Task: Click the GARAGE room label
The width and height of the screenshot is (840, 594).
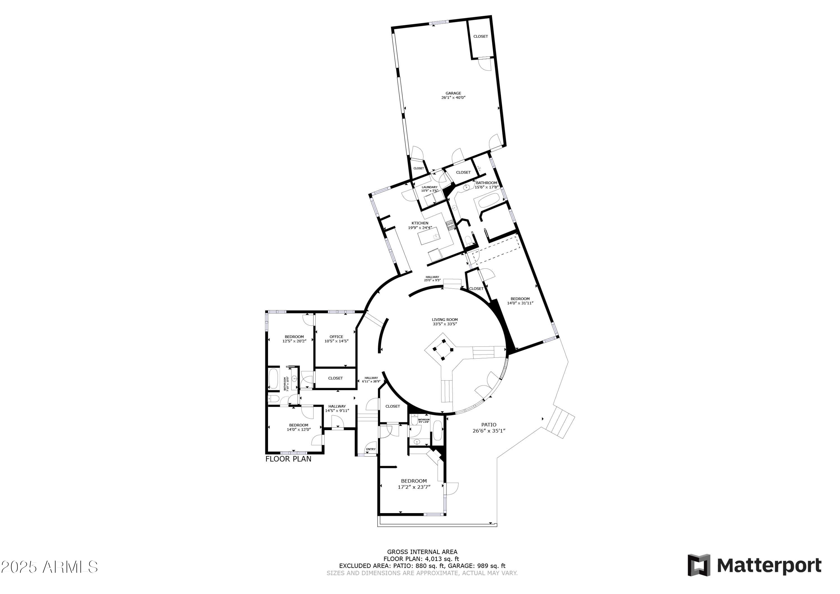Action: (x=453, y=93)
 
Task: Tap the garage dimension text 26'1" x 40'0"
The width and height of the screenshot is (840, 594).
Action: (x=453, y=98)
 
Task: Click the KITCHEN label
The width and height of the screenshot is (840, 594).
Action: (x=420, y=223)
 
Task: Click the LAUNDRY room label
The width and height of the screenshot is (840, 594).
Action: (x=429, y=187)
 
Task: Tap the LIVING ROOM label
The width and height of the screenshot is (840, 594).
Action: (x=445, y=320)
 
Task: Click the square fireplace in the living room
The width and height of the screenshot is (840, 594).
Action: (x=443, y=350)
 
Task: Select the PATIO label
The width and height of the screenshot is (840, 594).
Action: (x=488, y=425)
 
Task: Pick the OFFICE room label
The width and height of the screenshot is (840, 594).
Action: (x=336, y=337)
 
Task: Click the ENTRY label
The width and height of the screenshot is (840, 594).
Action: (x=371, y=449)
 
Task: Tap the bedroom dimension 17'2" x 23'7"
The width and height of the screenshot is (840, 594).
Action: (x=414, y=487)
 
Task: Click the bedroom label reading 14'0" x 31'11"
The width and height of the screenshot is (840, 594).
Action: (x=520, y=303)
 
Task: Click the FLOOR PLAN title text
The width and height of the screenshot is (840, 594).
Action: (x=288, y=459)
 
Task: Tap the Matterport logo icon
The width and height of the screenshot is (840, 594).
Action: (x=699, y=565)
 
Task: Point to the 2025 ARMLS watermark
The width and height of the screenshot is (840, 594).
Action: (x=49, y=567)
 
